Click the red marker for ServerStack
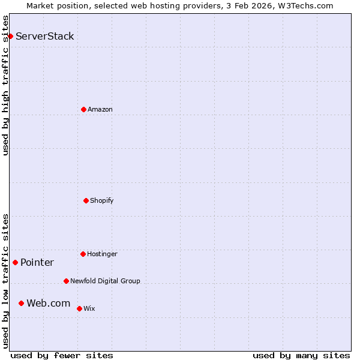point(10,36)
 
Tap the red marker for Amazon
point(83,109)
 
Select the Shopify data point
point(86,200)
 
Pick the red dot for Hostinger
point(83,254)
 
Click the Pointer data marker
point(15,262)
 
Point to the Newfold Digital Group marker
point(66,281)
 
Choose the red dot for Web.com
point(21,303)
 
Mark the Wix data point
point(79,308)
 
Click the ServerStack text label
point(45,36)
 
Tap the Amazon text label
point(100,109)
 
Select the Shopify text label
point(102,200)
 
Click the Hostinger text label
point(103,254)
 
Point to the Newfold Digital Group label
point(105,281)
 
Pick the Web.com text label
point(49,303)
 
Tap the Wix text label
point(89,308)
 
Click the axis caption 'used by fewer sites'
point(62,355)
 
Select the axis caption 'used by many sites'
point(301,355)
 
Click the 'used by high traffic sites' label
point(5,85)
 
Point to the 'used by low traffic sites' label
point(5,281)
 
